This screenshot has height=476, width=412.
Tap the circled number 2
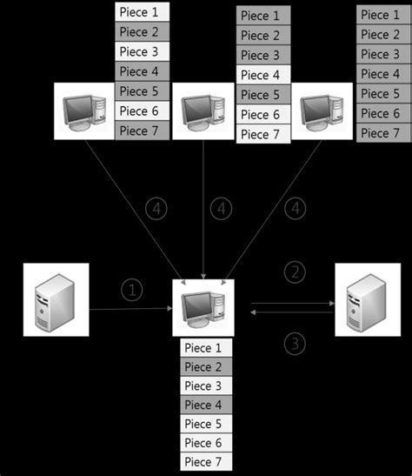click(x=296, y=272)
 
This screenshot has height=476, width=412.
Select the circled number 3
click(x=296, y=343)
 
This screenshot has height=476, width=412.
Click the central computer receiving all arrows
click(x=203, y=307)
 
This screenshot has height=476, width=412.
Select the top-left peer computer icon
click(x=84, y=111)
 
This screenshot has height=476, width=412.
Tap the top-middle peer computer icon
click(x=203, y=111)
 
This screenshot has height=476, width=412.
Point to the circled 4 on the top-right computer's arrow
click(x=297, y=209)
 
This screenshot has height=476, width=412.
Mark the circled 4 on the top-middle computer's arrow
click(x=222, y=209)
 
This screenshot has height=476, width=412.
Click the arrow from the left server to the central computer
click(x=130, y=308)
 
